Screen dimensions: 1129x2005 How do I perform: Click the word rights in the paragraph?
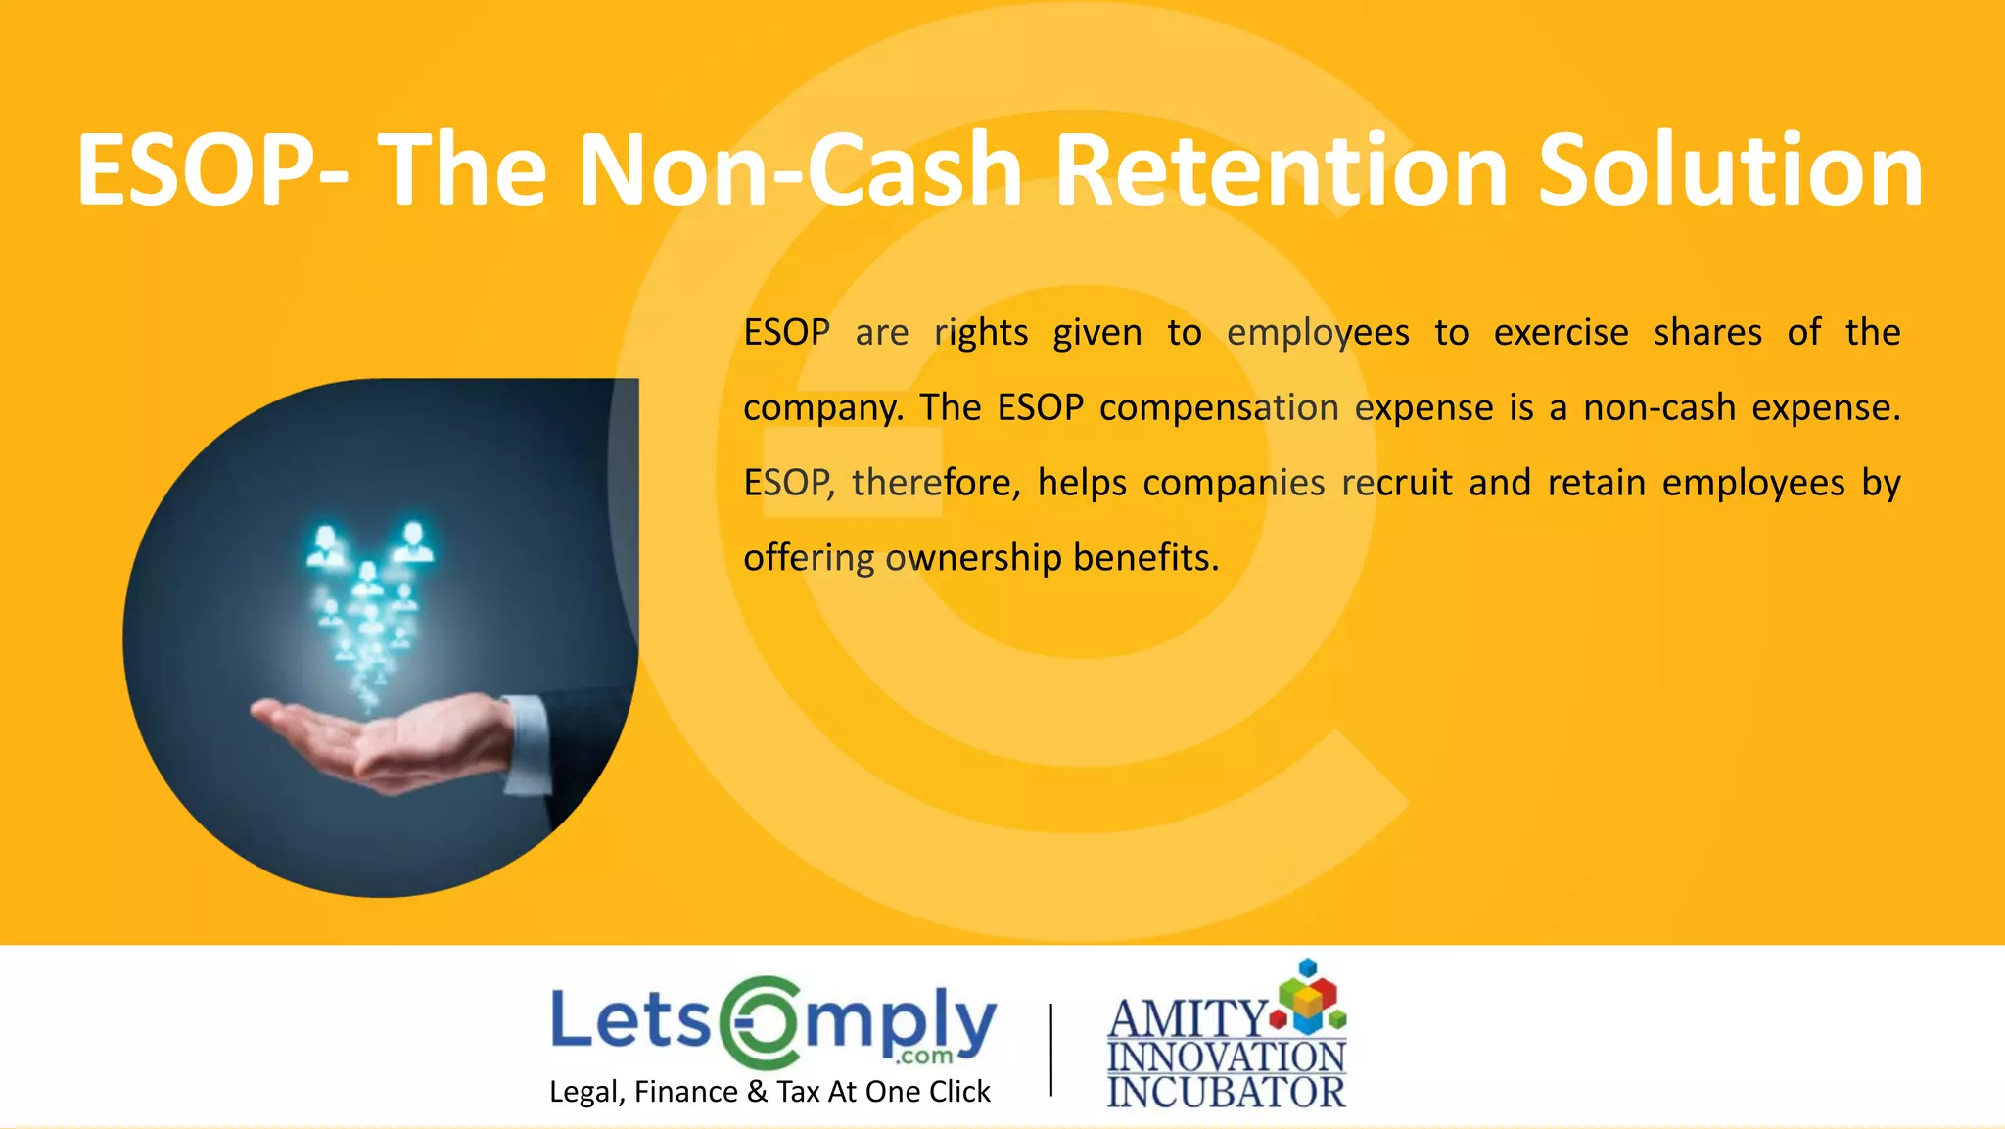tap(981, 333)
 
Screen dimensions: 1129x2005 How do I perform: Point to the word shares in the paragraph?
tap(1707, 333)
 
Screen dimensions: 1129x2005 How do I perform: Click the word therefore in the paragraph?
tap(935, 483)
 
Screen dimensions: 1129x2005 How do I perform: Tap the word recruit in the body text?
tap(1397, 483)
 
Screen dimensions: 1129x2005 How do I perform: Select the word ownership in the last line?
tap(973, 557)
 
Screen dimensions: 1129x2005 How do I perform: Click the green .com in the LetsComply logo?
tap(925, 1056)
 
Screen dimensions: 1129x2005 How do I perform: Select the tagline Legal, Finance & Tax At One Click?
tap(769, 1092)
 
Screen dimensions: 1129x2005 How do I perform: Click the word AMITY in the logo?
tap(1188, 1019)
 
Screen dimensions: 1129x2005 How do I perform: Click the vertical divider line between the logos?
tap(1051, 1049)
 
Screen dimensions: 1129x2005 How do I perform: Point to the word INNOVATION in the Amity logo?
tap(1227, 1058)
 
